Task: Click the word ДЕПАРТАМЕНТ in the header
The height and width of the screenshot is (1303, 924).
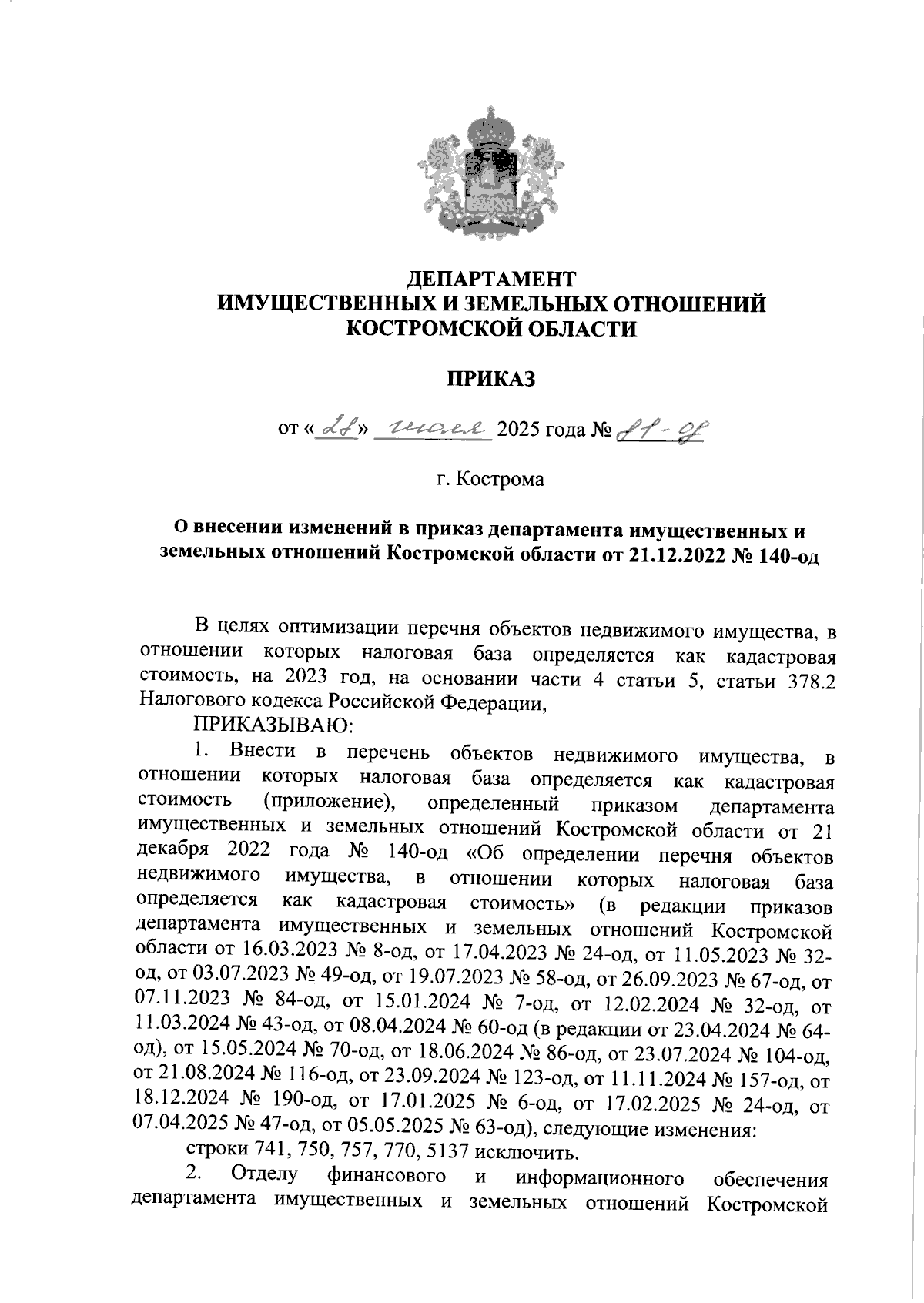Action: click(491, 277)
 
